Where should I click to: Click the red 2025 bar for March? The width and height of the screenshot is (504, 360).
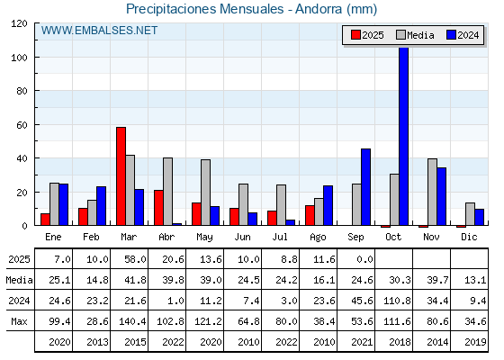121,176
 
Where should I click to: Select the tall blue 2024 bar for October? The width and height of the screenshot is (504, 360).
404,136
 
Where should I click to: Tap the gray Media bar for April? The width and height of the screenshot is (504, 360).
167,192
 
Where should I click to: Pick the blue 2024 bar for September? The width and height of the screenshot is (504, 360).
365,187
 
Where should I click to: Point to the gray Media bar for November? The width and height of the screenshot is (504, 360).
432,192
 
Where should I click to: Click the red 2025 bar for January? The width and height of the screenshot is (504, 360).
45,220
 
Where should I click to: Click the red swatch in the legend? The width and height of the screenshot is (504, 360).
355,35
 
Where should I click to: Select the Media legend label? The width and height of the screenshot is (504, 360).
420,35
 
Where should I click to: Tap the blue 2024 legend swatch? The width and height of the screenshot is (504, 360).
451,35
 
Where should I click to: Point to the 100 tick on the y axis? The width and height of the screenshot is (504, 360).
36,58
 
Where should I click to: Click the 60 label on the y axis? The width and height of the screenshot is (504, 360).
22,125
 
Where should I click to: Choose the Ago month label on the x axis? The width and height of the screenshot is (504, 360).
318,238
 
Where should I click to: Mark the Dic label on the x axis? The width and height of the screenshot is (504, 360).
469,237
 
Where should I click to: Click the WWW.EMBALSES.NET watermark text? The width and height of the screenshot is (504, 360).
99,31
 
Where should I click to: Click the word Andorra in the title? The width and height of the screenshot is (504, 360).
319,9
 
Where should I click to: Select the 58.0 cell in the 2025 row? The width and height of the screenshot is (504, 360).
135,259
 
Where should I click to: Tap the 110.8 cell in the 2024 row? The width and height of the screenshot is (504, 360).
397,301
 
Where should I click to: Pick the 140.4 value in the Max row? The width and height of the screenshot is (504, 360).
132,321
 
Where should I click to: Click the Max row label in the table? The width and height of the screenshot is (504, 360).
19,321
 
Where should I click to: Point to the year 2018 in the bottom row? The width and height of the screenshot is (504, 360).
400,342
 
